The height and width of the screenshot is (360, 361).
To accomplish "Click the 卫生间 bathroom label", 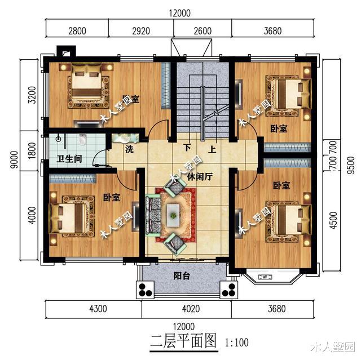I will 69,159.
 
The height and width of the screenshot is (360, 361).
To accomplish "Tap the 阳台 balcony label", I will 181,277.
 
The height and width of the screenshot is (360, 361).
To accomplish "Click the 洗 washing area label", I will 129,150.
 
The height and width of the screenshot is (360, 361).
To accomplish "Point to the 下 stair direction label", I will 187,150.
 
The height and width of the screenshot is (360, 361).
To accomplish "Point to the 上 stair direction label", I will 212,150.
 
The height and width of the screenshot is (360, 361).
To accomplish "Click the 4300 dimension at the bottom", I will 90,308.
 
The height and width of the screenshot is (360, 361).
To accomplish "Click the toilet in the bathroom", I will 83,139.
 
